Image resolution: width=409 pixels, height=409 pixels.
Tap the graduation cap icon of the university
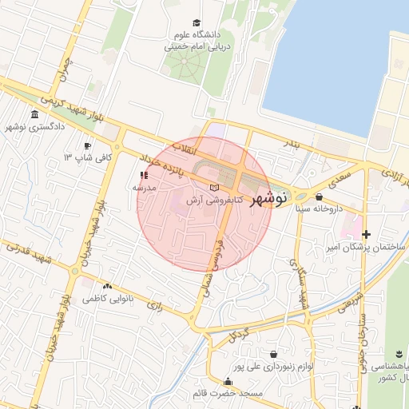click(x=197, y=23)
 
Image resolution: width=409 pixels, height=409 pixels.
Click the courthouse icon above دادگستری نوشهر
click(x=35, y=115)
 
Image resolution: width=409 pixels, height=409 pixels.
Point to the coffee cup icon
click(x=88, y=146)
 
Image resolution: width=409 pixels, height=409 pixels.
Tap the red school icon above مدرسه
click(x=145, y=174)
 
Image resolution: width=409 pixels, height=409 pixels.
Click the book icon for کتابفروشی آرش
click(x=212, y=188)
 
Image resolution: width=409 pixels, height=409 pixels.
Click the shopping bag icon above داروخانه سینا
click(x=320, y=197)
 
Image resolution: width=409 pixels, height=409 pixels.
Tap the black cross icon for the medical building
click(x=366, y=234)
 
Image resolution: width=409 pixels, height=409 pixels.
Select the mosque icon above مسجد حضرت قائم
click(x=228, y=382)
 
